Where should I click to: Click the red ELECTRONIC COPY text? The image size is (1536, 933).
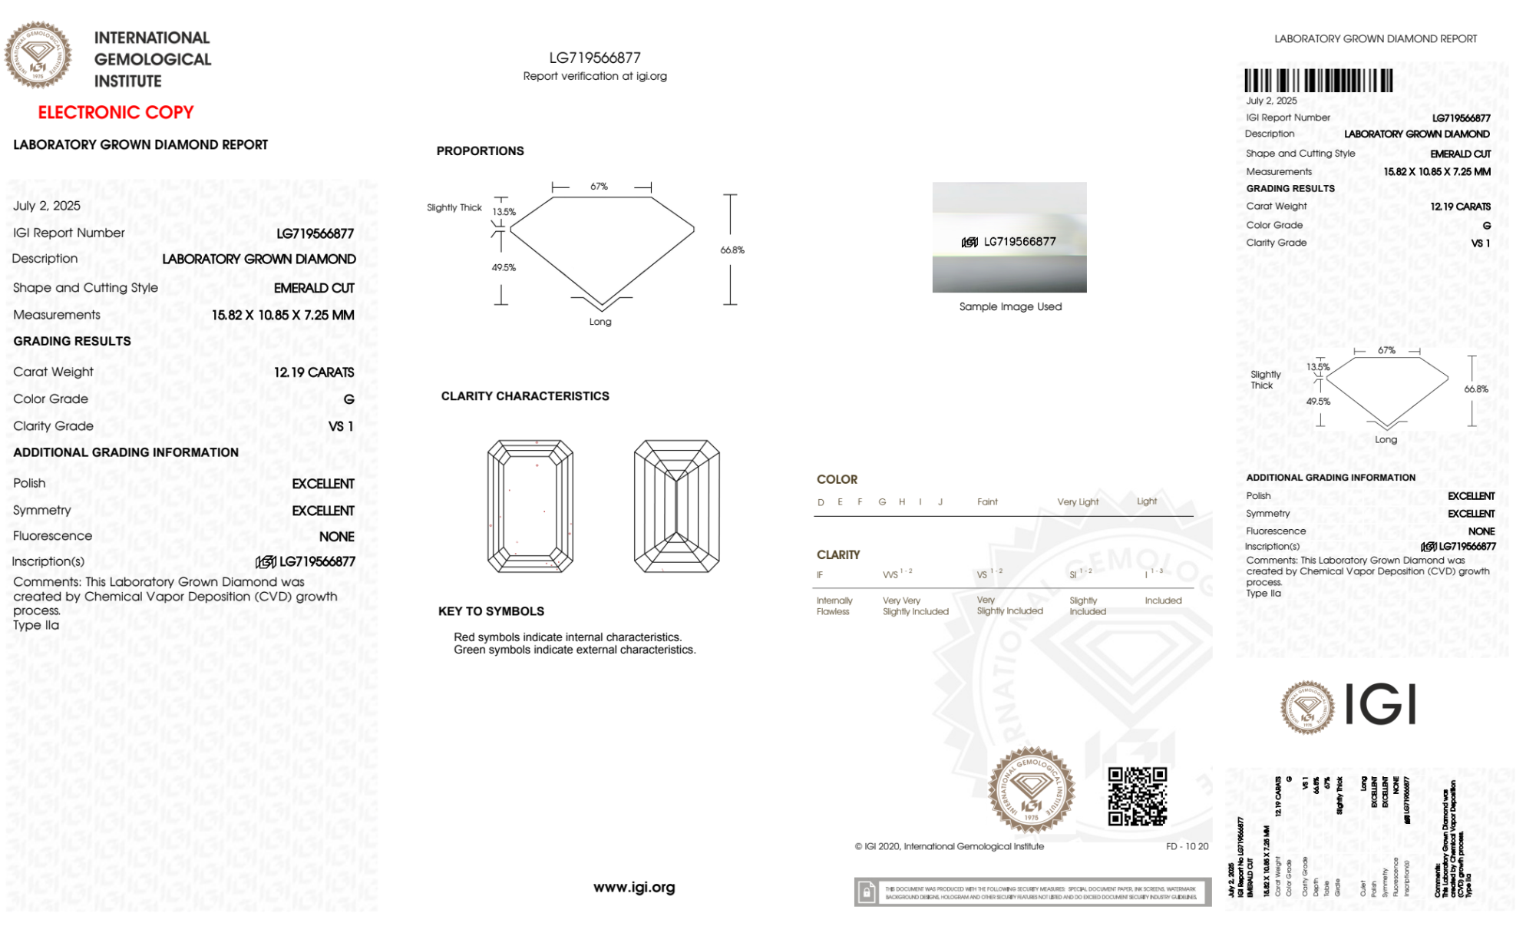[116, 113]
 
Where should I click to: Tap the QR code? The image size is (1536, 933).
[1137, 796]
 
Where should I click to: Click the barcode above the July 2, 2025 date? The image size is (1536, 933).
[1318, 81]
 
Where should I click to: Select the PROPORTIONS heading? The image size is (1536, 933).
[480, 151]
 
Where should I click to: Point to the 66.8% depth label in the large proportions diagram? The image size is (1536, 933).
[732, 250]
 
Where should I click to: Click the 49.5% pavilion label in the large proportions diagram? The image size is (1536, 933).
[504, 268]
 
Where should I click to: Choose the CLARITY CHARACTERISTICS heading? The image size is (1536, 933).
[525, 396]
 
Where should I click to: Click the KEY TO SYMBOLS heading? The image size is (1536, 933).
[491, 611]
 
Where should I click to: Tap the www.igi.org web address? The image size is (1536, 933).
[634, 888]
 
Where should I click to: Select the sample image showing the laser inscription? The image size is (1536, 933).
[1009, 237]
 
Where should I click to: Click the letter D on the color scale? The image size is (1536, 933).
[821, 502]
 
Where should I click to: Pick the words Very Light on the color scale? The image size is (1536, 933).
[1078, 502]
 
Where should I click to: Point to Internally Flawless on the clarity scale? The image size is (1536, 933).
[834, 606]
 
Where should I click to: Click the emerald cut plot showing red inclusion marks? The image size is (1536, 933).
[530, 506]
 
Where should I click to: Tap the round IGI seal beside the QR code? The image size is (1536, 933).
[1031, 790]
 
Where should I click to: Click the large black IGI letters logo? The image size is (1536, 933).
[1381, 705]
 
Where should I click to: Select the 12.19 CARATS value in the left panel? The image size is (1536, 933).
[314, 372]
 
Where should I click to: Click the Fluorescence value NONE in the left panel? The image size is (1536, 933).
[336, 537]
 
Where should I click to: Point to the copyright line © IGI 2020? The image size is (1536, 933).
[950, 846]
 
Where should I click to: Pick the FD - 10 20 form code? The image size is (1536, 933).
[1187, 846]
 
